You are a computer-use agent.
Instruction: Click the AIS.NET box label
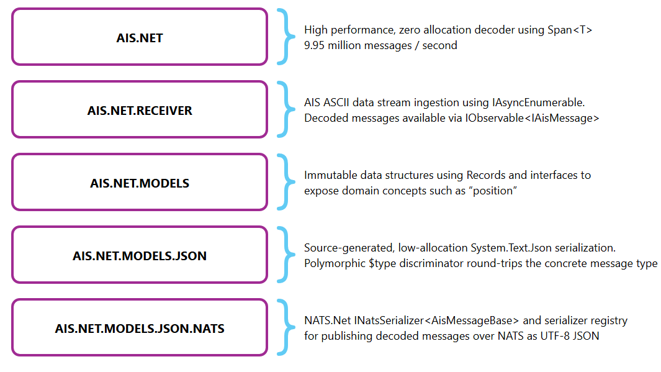point(140,38)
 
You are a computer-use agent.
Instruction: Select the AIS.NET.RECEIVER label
point(140,111)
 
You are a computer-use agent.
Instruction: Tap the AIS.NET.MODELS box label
point(140,183)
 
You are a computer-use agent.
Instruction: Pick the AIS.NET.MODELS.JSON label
point(140,256)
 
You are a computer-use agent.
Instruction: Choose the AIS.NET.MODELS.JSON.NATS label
point(140,329)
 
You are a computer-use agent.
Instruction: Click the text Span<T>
point(570,30)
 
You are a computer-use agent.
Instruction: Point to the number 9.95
point(315,45)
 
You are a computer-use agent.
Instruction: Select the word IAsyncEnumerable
point(538,102)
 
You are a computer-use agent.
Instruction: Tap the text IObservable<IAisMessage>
point(532,118)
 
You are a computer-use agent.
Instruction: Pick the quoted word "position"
point(493,191)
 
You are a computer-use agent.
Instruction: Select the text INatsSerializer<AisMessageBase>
point(436,320)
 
